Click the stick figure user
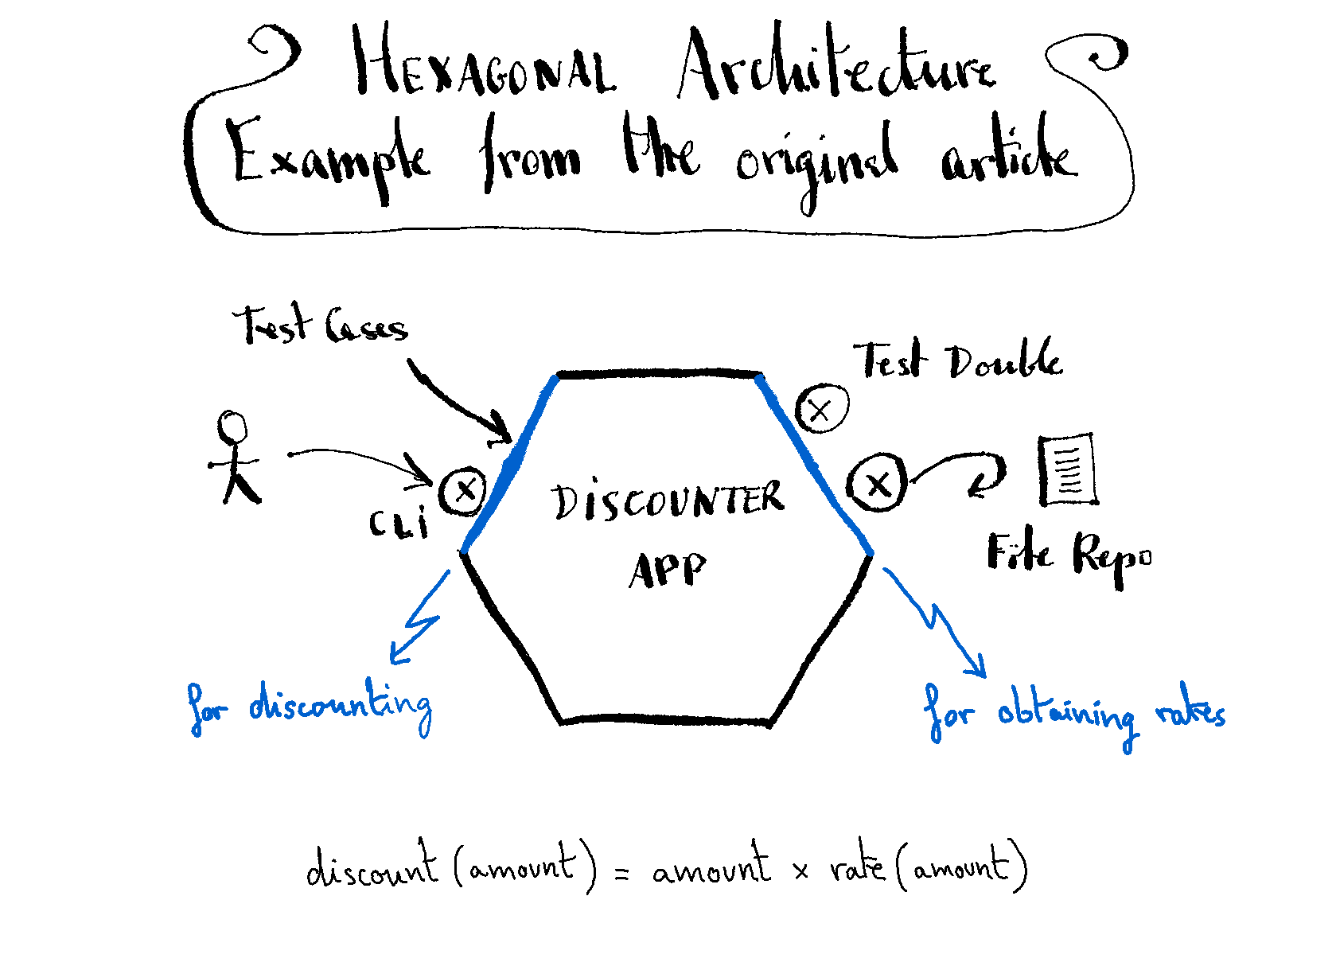(235, 458)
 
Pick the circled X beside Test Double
(821, 409)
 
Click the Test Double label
(958, 359)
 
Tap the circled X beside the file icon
(877, 483)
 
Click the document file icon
(1068, 469)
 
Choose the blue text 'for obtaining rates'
(1074, 713)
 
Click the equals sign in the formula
(622, 873)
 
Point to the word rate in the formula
(856, 867)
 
